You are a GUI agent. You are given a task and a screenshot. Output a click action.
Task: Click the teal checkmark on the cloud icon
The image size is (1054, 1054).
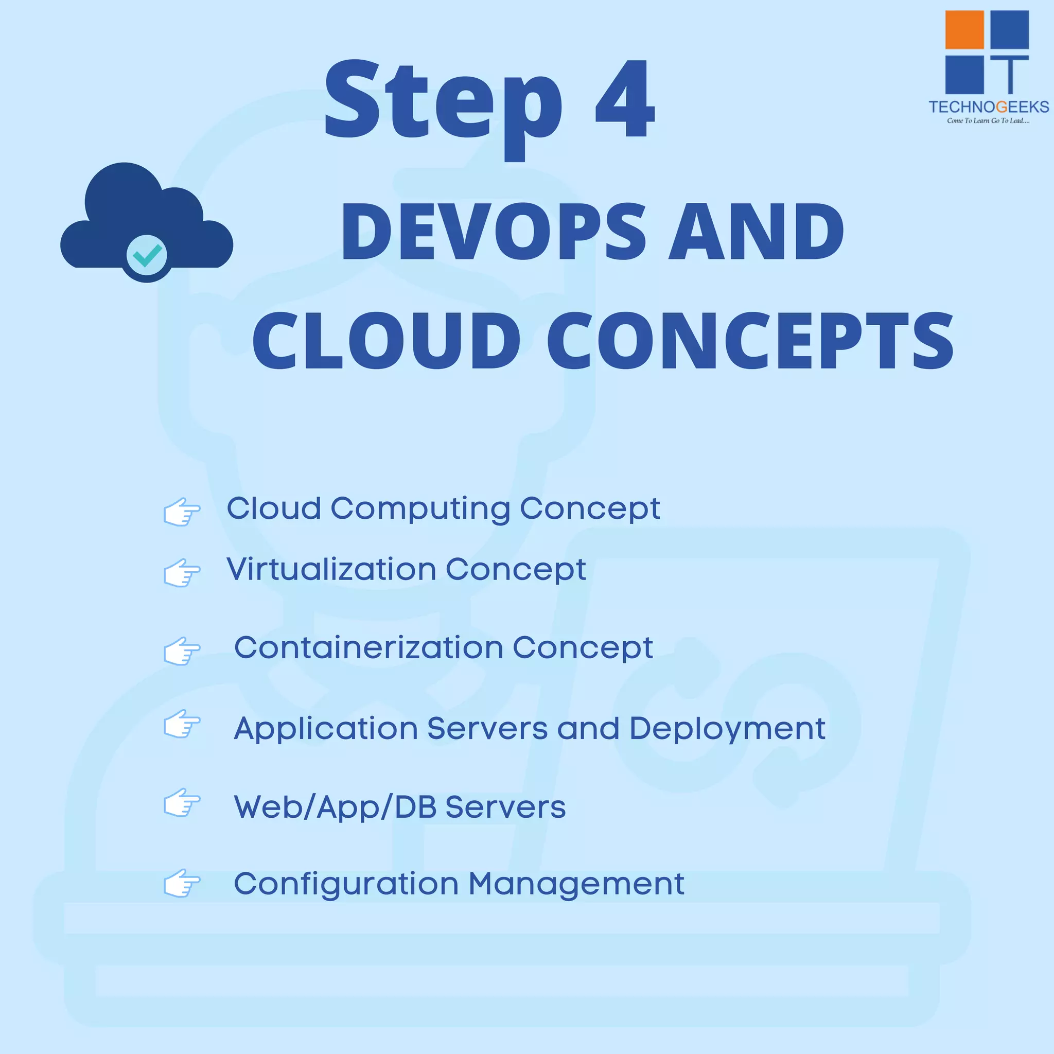[x=147, y=255]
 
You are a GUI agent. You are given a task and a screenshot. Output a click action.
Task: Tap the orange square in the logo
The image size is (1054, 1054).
[x=964, y=30]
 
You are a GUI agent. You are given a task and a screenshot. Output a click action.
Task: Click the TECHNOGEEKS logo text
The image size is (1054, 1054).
[x=989, y=107]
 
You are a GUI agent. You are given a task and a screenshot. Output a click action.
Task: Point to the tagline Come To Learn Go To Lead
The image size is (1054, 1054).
[x=988, y=120]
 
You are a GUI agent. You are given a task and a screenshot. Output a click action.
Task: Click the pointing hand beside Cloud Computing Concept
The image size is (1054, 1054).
[x=182, y=512]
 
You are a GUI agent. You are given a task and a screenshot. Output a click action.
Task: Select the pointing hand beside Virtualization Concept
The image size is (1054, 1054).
[x=182, y=573]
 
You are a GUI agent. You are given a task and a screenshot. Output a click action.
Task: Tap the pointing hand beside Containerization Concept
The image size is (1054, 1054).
[x=182, y=651]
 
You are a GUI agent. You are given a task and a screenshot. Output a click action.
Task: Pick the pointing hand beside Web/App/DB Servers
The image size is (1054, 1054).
[x=182, y=802]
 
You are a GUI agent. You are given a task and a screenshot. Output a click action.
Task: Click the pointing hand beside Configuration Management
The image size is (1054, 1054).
[x=182, y=883]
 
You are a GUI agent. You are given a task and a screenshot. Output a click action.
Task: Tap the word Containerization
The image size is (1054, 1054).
[x=369, y=647]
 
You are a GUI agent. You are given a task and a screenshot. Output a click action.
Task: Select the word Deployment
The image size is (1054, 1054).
[x=727, y=729]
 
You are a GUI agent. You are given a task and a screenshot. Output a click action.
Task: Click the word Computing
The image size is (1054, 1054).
[x=420, y=510]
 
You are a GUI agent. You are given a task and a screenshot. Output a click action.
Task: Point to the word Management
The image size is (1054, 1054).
[x=576, y=884]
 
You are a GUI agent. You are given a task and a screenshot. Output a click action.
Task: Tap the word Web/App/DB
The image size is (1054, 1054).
[x=335, y=807]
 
